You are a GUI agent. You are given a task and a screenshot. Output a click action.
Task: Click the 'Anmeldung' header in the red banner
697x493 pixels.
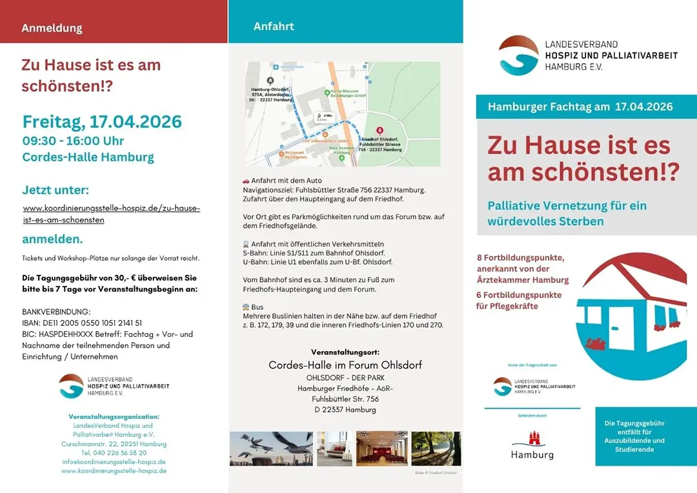(x=52, y=28)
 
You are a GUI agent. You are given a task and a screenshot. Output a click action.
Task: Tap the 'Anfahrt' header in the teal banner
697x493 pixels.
(x=274, y=26)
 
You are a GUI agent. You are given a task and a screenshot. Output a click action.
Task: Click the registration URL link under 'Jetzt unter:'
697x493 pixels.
(x=111, y=214)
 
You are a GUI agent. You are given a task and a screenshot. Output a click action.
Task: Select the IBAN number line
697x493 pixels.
(x=82, y=323)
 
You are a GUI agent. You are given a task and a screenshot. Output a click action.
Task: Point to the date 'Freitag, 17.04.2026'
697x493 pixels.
(x=102, y=122)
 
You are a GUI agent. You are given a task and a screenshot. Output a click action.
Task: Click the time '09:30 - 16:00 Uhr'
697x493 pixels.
(x=73, y=141)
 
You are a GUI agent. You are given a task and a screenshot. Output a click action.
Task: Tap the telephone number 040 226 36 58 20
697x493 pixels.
(x=114, y=453)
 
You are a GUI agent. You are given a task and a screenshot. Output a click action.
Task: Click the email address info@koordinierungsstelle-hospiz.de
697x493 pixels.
(x=114, y=462)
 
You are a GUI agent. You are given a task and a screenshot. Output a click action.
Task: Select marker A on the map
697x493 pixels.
(x=270, y=80)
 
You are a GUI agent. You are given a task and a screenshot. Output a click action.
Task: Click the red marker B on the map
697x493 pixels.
(x=379, y=130)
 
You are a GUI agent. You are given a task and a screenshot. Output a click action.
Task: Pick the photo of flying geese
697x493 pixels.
(x=271, y=448)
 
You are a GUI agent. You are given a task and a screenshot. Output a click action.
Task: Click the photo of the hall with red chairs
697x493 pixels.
(x=381, y=448)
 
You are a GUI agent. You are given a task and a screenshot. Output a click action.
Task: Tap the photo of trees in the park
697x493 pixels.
(x=436, y=448)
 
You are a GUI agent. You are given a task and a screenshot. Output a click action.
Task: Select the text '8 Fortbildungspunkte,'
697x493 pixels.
(x=520, y=257)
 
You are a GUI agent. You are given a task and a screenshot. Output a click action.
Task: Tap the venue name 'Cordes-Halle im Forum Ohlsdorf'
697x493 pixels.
(x=345, y=365)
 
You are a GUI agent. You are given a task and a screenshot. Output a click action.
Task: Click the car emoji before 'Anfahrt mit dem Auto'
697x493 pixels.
(x=246, y=181)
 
